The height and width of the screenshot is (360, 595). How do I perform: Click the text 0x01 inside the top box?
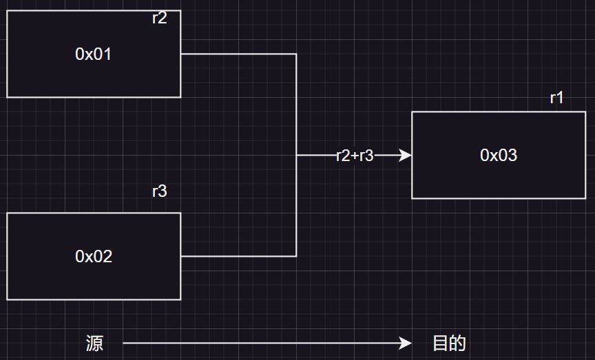pos(93,54)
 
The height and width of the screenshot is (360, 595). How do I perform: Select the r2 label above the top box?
pos(159,19)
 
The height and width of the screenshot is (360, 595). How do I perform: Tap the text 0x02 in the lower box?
pos(93,257)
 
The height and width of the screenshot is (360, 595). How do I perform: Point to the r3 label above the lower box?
pos(159,191)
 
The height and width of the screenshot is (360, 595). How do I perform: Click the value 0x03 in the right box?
pos(499,156)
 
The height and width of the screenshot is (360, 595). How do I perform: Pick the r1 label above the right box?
pos(556,98)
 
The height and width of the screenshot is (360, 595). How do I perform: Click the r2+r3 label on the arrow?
pos(355,156)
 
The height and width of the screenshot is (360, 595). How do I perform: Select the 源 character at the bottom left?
pos(94,343)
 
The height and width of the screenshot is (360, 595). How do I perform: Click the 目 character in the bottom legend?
pos(441,343)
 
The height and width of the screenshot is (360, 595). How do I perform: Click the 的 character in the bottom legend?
pos(457,343)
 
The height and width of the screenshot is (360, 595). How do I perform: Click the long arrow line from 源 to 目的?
pos(262,343)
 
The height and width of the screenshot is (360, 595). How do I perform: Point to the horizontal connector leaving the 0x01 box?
pos(238,54)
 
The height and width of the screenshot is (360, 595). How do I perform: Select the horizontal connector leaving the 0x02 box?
pos(238,256)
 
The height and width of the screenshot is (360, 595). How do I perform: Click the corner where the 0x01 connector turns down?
pos(296,54)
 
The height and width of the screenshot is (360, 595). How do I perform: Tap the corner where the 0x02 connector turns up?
pos(296,256)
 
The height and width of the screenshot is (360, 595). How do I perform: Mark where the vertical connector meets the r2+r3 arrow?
pos(296,156)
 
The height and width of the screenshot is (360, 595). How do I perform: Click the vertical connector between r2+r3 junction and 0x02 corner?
pos(296,207)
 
